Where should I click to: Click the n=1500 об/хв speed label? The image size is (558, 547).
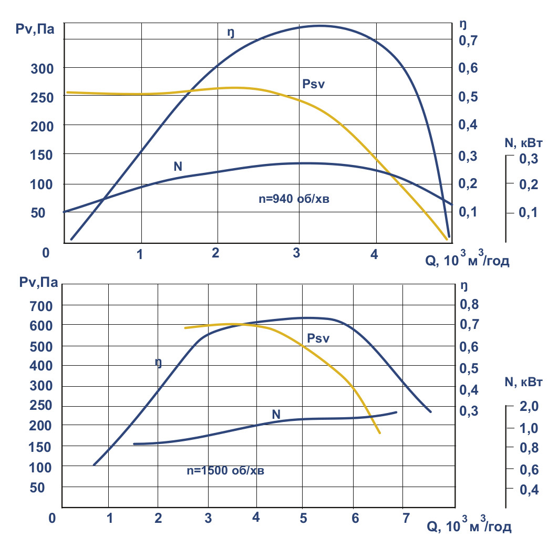[x=225, y=471]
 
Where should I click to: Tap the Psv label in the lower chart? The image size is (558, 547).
[x=318, y=338]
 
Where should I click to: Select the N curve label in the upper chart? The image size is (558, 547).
[x=178, y=167]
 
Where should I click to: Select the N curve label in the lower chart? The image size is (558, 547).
[x=276, y=414]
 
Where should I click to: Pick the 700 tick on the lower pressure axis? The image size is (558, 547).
[x=37, y=305]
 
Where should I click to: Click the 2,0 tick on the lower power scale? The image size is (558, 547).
[x=529, y=407]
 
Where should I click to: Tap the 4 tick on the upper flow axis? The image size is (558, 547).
[x=374, y=255]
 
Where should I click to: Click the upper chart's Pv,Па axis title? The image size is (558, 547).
[x=35, y=29]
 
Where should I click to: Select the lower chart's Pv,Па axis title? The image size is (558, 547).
[x=35, y=284]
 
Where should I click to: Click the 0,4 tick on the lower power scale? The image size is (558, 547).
[x=529, y=490]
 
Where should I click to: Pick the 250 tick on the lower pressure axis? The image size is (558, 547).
[x=37, y=405]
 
